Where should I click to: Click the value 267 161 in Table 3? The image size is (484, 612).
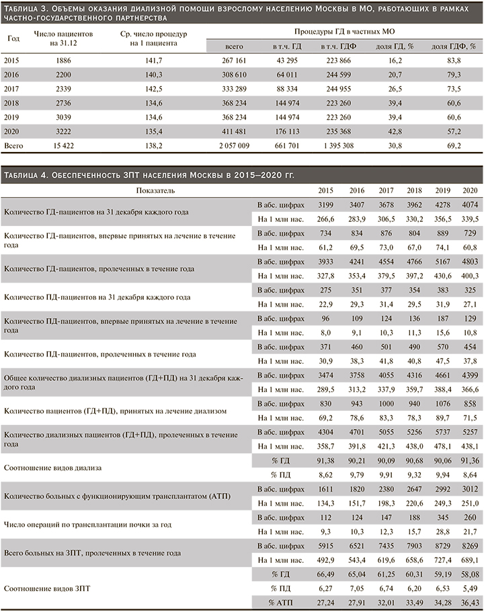point(236,61)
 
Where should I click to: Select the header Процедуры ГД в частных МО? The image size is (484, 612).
point(344,32)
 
